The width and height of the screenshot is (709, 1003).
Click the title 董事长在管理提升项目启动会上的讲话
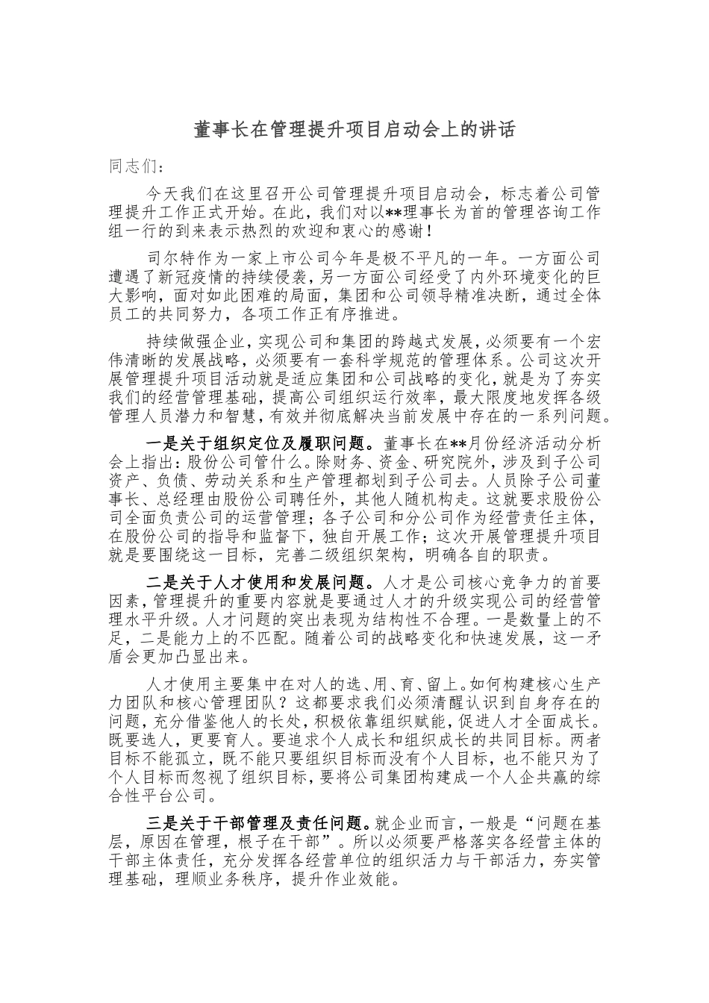(354, 130)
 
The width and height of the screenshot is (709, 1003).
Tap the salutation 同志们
(134, 166)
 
